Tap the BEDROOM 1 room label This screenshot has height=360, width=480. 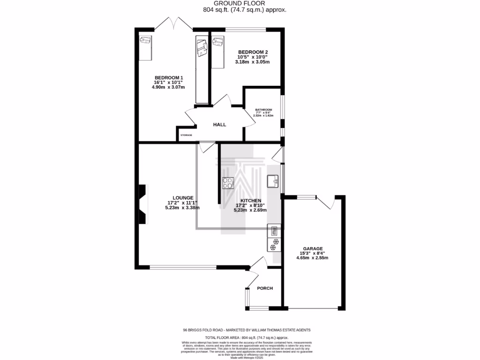(x=168, y=78)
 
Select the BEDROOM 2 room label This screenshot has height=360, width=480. (x=253, y=52)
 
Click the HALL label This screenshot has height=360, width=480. (x=219, y=125)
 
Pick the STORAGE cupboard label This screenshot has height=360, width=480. (x=186, y=135)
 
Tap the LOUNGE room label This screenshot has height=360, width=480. (x=182, y=198)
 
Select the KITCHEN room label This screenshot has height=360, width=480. (x=250, y=200)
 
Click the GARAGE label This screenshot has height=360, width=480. (x=312, y=248)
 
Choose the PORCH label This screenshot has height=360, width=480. (x=264, y=288)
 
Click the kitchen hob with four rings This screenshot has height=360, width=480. (x=228, y=183)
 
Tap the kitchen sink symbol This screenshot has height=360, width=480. (x=273, y=181)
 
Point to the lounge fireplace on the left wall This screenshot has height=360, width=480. (x=142, y=204)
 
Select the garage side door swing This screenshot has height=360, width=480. (x=325, y=202)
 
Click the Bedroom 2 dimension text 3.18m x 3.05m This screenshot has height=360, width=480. (x=253, y=62)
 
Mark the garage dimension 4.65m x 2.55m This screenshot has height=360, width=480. (x=312, y=258)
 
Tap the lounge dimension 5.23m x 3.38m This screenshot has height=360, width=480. (x=182, y=208)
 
